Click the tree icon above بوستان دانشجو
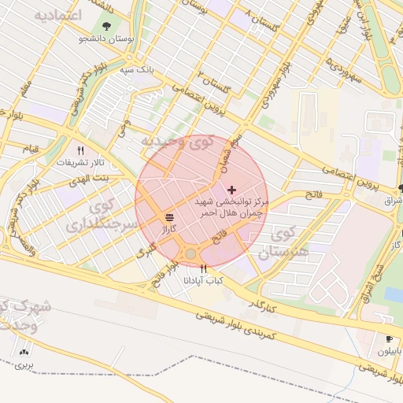pos(106,25)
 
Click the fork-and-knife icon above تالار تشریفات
pos(79,150)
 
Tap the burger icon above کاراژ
pos(170,216)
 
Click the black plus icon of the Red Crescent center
pos(231,190)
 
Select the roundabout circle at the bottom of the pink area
pos(190,253)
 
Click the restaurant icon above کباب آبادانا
pos(203,268)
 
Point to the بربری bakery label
pos(24,366)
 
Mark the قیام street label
pos(30,149)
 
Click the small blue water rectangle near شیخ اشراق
pos(394,294)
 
